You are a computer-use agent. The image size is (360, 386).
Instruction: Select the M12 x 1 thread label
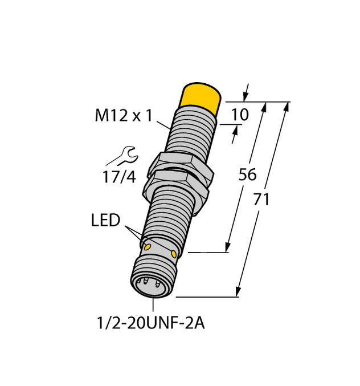(x=123, y=116)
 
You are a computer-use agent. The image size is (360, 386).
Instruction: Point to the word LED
(x=106, y=221)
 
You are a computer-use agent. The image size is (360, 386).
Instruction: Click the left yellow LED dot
(x=148, y=246)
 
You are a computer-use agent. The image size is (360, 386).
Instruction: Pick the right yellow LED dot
(x=174, y=252)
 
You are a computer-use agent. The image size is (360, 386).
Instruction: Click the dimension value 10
(x=240, y=116)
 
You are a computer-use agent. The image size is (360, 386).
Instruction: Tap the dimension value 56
(x=247, y=175)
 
